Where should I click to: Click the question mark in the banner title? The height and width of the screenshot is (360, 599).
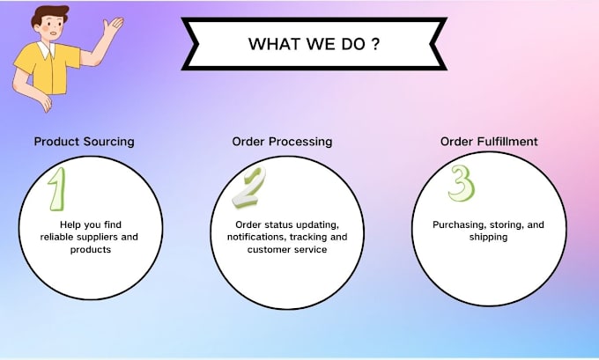375,43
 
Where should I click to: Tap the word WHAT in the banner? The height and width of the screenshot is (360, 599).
274,44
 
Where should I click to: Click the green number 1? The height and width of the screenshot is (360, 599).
57,189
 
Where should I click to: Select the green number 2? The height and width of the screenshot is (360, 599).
248,187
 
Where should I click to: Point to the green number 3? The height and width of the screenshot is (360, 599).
461,183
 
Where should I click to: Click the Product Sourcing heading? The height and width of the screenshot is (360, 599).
84,142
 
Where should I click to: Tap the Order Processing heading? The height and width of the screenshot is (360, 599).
282,142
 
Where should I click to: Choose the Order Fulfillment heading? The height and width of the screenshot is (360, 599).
489,142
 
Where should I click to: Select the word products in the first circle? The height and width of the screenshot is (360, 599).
91,250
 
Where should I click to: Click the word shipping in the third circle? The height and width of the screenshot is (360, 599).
489,237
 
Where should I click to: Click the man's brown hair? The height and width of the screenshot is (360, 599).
49,16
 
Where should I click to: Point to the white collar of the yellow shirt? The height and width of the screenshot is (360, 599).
47,49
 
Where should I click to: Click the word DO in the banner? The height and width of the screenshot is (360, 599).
353,44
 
